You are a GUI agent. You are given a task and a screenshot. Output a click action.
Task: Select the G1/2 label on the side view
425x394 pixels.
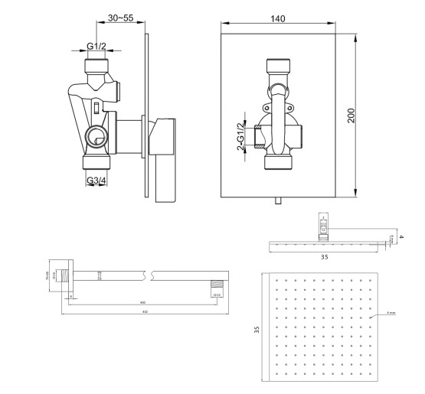point(96,47)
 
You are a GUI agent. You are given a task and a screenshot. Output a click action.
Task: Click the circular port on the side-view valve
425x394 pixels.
point(96,138)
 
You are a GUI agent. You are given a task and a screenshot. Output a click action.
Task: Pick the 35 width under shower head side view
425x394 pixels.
point(324,258)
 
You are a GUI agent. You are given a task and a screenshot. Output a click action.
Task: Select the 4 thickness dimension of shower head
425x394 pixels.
point(401,237)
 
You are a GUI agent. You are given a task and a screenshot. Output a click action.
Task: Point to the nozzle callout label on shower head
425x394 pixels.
point(391,312)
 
